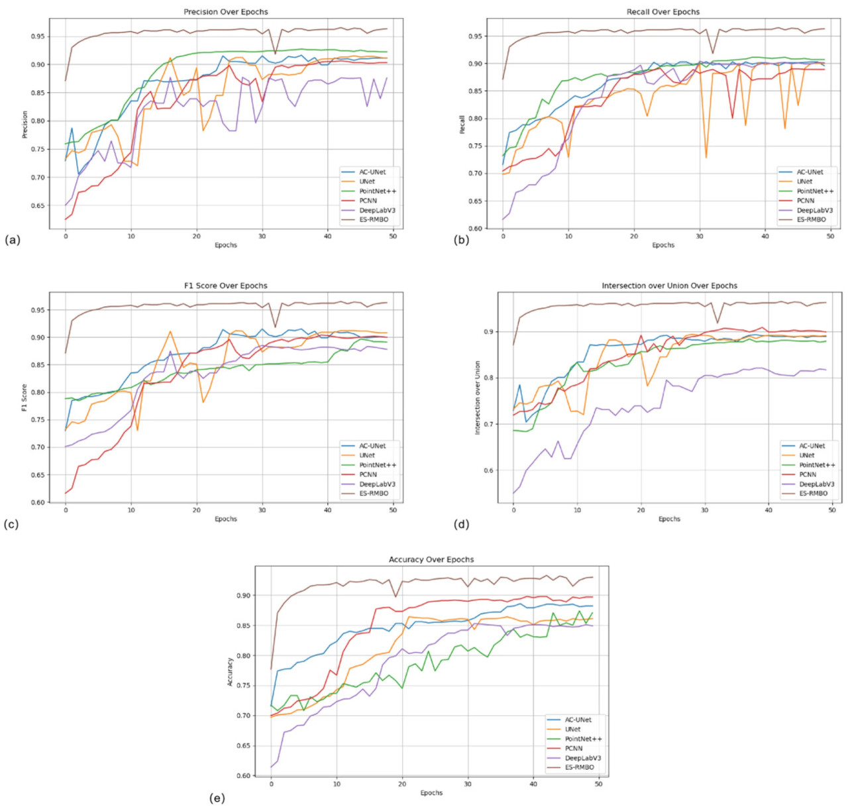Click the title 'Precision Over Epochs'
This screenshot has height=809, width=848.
point(226,12)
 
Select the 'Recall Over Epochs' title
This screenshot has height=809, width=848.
point(663,12)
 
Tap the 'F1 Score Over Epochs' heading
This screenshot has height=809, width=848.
point(226,286)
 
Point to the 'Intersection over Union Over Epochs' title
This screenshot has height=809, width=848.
point(669,286)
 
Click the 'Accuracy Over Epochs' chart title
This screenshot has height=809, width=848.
point(431,559)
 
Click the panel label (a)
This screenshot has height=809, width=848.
point(13,240)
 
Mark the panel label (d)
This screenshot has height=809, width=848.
point(462,524)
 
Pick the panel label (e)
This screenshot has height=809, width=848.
point(217,798)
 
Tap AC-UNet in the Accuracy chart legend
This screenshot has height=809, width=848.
point(578,720)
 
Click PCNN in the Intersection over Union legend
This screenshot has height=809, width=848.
point(808,474)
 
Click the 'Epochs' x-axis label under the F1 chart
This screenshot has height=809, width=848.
point(226,519)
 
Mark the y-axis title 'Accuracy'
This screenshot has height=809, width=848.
point(230,672)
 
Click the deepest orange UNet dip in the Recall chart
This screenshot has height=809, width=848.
point(706,158)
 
